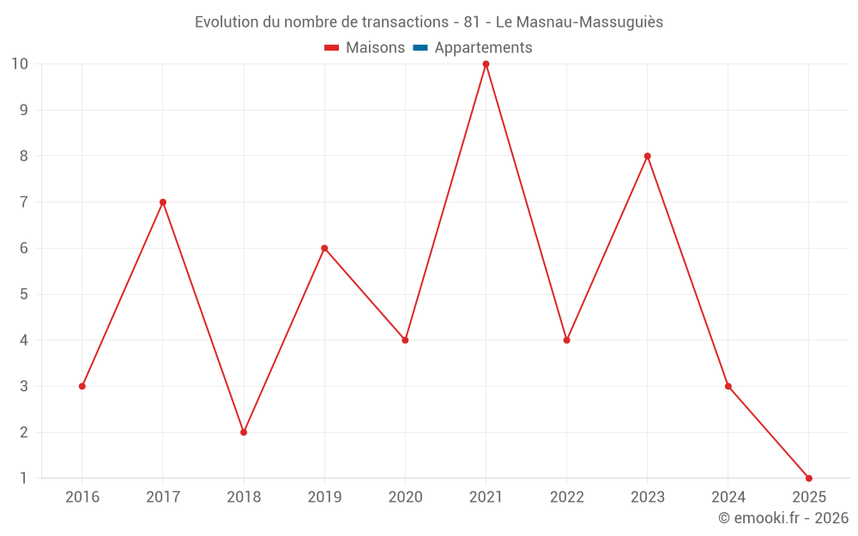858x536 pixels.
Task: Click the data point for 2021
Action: pyautogui.click(x=486, y=64)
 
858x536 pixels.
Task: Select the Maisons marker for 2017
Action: pyautogui.click(x=163, y=202)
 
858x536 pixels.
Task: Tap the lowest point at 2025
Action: pyautogui.click(x=809, y=479)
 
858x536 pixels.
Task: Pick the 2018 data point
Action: pyautogui.click(x=244, y=432)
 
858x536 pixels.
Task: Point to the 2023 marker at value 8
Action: pyautogui.click(x=648, y=156)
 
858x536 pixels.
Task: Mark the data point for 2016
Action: pyautogui.click(x=82, y=386)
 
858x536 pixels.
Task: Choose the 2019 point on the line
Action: pyautogui.click(x=324, y=249)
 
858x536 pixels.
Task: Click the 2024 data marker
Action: pyautogui.click(x=728, y=386)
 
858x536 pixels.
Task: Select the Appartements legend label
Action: pyautogui.click(x=483, y=48)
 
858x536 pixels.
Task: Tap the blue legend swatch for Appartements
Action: pyautogui.click(x=420, y=48)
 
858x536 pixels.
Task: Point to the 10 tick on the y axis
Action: pyautogui.click(x=20, y=64)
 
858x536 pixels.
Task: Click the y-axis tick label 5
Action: pyautogui.click(x=23, y=294)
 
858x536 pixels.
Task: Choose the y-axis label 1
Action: pyautogui.click(x=23, y=479)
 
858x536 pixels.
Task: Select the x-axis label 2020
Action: pyautogui.click(x=405, y=497)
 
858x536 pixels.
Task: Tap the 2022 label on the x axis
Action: pyautogui.click(x=567, y=497)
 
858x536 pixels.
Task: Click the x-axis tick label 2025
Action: pyautogui.click(x=809, y=497)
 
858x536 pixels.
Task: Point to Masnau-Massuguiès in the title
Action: pyautogui.click(x=591, y=22)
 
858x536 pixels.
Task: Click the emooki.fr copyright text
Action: pyautogui.click(x=783, y=518)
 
